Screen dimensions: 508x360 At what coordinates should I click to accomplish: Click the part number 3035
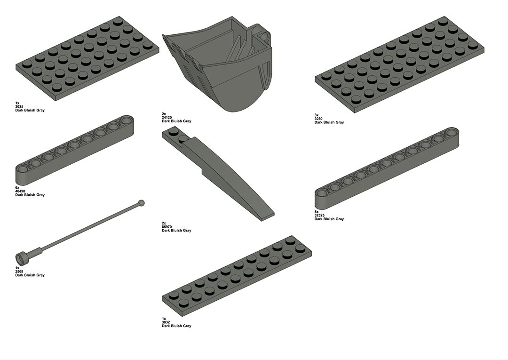(19, 107)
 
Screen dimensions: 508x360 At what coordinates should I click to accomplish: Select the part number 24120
(167, 118)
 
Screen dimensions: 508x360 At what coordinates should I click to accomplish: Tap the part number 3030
(318, 119)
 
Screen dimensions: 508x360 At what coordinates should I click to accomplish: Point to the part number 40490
(20, 191)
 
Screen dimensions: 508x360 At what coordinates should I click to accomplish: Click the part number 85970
(167, 227)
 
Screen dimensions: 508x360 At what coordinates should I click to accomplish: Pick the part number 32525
(319, 215)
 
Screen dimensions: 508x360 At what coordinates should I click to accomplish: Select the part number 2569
(19, 272)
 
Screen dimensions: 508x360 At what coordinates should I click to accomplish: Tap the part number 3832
(166, 322)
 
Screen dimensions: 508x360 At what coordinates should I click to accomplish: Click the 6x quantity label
(17, 188)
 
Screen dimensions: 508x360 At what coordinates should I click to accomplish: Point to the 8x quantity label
(317, 212)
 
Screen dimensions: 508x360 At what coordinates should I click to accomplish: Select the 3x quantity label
(317, 115)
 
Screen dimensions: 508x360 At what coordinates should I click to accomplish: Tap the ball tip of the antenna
(141, 203)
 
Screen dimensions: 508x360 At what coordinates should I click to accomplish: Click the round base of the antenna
(21, 258)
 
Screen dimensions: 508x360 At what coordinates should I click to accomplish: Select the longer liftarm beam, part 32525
(387, 168)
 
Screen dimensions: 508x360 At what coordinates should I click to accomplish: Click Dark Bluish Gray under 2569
(30, 275)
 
